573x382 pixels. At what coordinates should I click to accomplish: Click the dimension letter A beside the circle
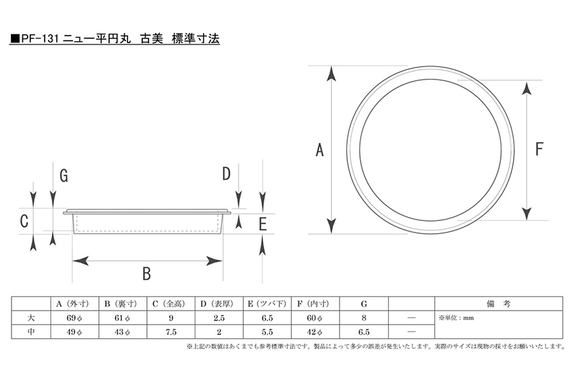point(320,150)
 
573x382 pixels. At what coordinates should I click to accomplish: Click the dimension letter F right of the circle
point(539,149)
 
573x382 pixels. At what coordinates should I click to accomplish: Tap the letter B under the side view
point(146,273)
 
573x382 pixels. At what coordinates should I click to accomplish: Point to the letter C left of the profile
point(24,221)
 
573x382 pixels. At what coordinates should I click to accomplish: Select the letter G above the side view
point(63,176)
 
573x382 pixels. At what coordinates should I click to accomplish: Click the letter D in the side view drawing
point(227,174)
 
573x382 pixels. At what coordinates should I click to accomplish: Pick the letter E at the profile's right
point(263,224)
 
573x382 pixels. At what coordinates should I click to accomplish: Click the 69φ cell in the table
point(74,318)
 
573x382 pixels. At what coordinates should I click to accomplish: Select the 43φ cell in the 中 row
point(122,332)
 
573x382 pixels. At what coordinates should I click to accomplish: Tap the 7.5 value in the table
point(171,332)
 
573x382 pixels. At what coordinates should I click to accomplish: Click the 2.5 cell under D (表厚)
point(219,318)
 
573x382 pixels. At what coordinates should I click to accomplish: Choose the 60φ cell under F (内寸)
point(314,318)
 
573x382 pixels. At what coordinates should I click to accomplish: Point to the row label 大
point(31,318)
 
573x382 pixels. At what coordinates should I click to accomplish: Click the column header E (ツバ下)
point(267,304)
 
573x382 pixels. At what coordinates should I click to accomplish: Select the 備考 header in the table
point(498,304)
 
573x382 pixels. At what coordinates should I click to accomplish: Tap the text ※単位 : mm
point(456,318)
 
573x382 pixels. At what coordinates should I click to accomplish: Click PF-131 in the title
point(40,38)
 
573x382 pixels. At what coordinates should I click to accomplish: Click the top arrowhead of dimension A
point(331,73)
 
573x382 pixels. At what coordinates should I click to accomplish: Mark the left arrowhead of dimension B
point(80,261)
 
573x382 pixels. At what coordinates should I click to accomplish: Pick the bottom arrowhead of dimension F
point(526,214)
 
